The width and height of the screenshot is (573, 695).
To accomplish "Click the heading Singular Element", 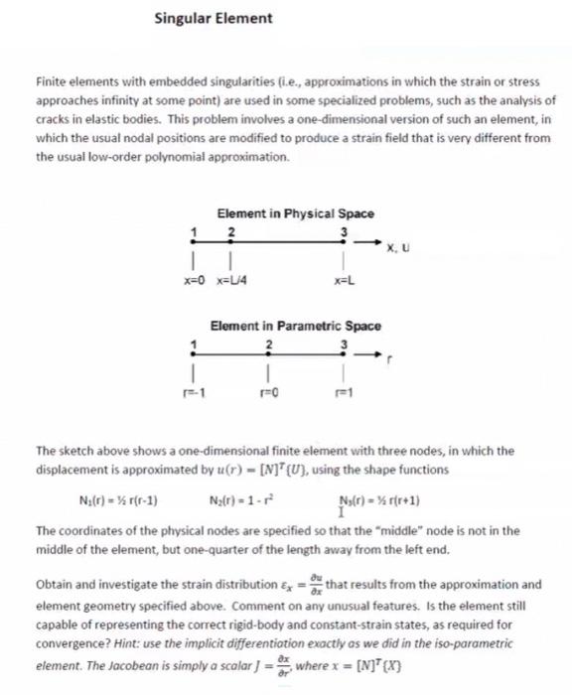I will [x=214, y=18].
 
